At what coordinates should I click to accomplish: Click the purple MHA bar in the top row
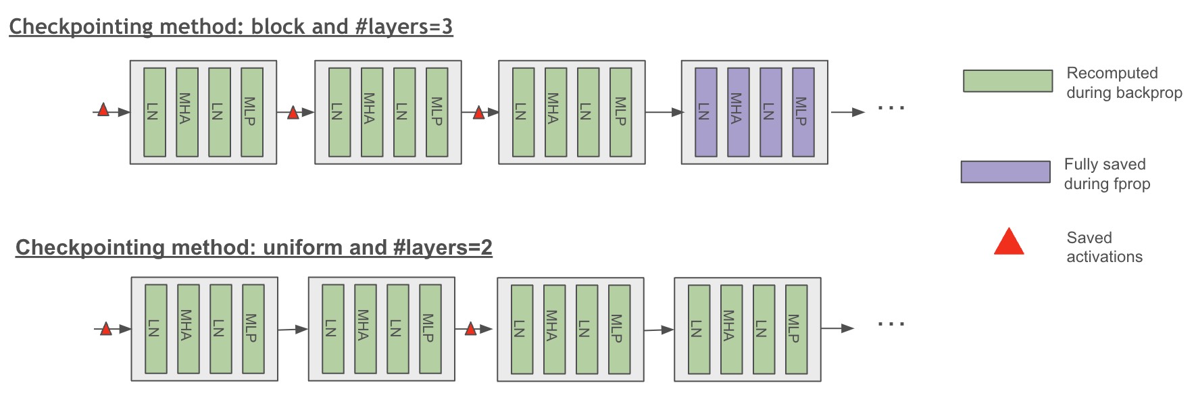tap(738, 112)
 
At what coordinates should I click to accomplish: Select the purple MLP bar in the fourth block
tap(803, 112)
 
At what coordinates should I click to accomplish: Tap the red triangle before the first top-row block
tap(103, 110)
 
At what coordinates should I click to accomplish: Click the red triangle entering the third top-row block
tap(478, 113)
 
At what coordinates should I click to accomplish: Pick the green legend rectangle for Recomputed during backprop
tap(1007, 81)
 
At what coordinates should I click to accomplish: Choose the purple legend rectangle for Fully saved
tap(1005, 172)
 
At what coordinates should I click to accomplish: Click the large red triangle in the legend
tap(1009, 242)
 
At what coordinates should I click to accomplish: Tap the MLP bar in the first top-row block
tap(252, 112)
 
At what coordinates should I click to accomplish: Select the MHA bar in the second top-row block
tap(372, 112)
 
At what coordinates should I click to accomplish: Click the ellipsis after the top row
tap(891, 107)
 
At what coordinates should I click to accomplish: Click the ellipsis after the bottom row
tap(891, 324)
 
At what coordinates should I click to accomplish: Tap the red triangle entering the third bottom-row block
tap(471, 329)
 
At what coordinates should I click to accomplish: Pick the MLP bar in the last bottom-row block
tap(796, 329)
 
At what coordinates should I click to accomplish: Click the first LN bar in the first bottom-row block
tap(156, 329)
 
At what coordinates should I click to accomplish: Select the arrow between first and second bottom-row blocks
tap(293, 329)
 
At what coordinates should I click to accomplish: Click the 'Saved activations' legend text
tap(1104, 247)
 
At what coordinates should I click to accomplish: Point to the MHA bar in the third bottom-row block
tap(554, 329)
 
